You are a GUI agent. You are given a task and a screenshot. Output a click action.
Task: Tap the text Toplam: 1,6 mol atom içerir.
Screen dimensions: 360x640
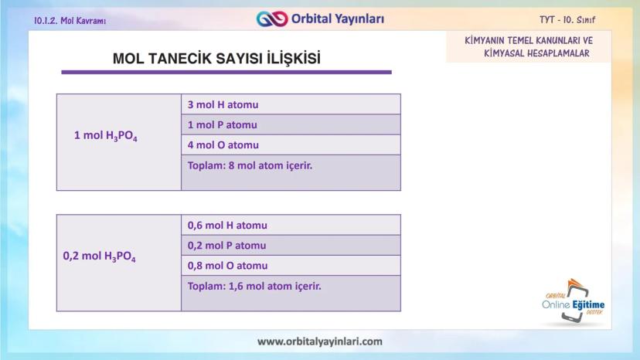pyautogui.click(x=254, y=285)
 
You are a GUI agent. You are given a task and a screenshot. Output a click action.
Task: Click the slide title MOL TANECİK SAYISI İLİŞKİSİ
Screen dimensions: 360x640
pyautogui.click(x=216, y=59)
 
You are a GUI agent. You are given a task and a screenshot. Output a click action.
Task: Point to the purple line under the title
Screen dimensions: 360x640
pyautogui.click(x=226, y=73)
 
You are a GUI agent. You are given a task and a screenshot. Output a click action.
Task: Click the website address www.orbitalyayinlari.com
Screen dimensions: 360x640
pyautogui.click(x=319, y=341)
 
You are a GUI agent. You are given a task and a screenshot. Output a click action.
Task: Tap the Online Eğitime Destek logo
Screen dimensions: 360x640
pyautogui.click(x=573, y=303)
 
